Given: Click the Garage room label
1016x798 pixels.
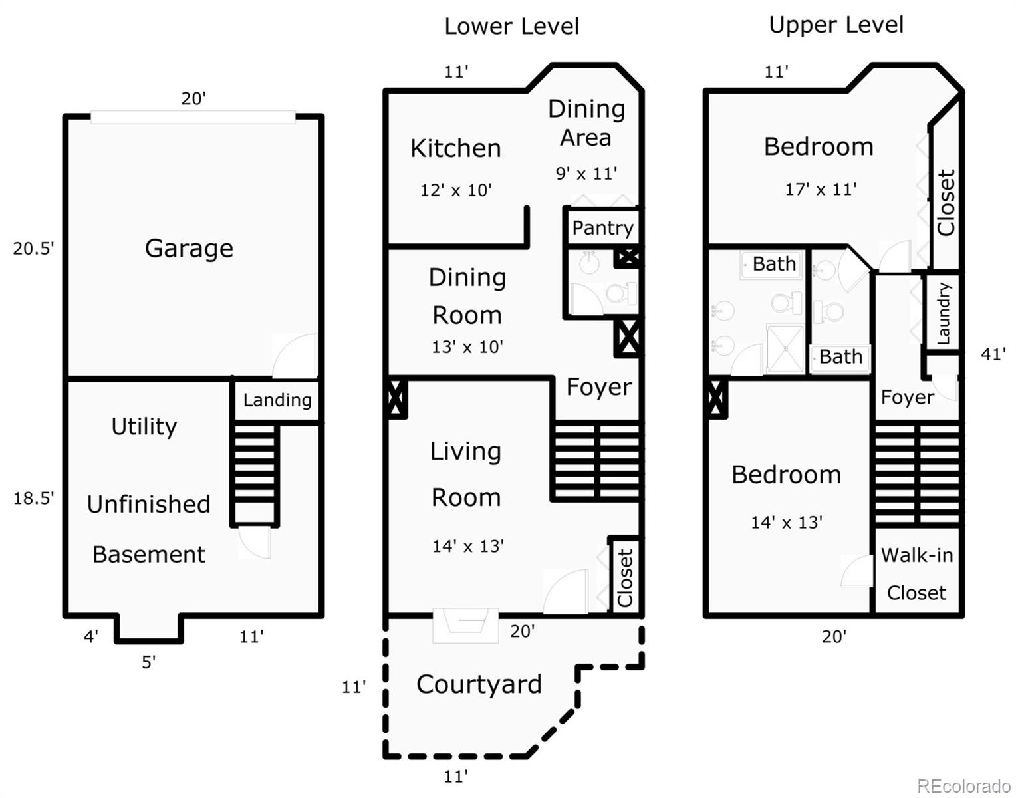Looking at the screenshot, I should pos(189,249).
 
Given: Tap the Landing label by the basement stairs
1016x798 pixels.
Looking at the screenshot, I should pos(277,400).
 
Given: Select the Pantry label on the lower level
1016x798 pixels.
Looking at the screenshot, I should pos(602,228).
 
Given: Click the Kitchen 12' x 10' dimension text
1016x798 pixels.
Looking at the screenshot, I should pos(455,190).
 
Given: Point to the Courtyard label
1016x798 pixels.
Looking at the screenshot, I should pos(479,684).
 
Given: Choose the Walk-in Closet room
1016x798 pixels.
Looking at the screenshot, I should pos(916,573).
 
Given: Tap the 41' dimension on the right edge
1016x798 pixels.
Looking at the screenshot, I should pos(992,354).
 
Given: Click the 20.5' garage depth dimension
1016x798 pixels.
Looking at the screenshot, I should pos(33,249).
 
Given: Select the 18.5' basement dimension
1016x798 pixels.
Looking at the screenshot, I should pos(33,498).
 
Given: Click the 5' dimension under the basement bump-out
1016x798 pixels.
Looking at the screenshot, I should pos(148,662).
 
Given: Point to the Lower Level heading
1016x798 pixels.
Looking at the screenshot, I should pos(511,27).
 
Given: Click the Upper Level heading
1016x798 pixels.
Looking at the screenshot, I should pos(836,25).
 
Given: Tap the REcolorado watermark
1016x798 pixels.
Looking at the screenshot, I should pos(963,786).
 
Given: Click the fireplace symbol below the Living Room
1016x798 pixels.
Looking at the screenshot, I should pos(465,625).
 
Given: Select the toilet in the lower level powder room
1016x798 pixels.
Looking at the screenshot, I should pos(623,293).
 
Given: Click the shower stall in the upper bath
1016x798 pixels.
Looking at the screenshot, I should pos(785,348).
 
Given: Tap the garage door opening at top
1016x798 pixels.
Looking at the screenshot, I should pos(193,117).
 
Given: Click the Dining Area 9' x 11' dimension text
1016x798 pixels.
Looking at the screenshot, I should pos(586,174).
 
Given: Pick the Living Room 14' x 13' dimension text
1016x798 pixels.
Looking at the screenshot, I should pos(467,546).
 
